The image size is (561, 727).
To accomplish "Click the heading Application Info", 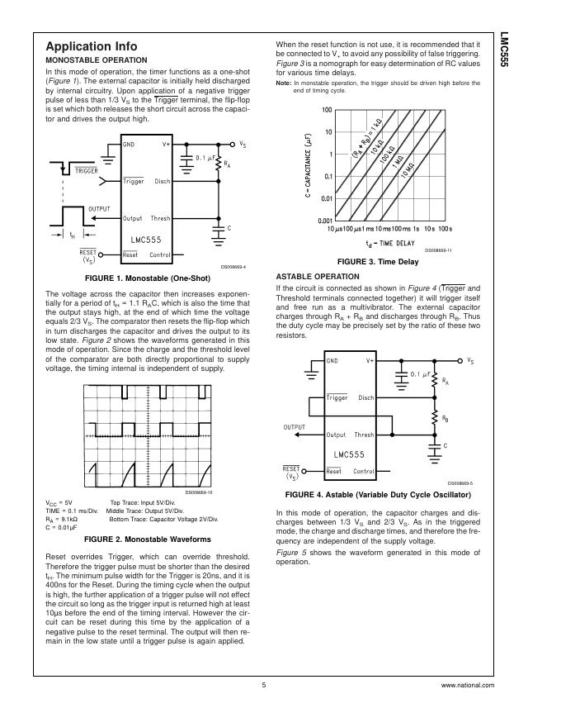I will [x=92, y=46].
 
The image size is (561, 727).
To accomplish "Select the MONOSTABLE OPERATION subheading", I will [x=97, y=60].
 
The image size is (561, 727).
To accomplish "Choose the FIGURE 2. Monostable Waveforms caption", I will [x=147, y=539].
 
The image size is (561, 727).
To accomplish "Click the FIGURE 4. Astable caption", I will [x=377, y=495].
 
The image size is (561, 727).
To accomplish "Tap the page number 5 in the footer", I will [x=264, y=686].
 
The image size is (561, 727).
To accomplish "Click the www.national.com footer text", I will [x=468, y=686].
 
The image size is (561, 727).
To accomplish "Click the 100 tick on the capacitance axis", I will [x=327, y=110].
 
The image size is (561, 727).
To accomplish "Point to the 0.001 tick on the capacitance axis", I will [x=324, y=221].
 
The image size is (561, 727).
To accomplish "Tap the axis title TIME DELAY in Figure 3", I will [x=389, y=243].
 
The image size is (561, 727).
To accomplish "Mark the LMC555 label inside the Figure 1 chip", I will [x=146, y=240].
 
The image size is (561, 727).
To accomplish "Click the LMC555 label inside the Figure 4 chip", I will [x=350, y=454].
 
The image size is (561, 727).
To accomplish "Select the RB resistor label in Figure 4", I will [x=445, y=419].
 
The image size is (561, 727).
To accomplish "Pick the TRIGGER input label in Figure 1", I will [x=87, y=171].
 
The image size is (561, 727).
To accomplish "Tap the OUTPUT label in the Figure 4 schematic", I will [x=294, y=427].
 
